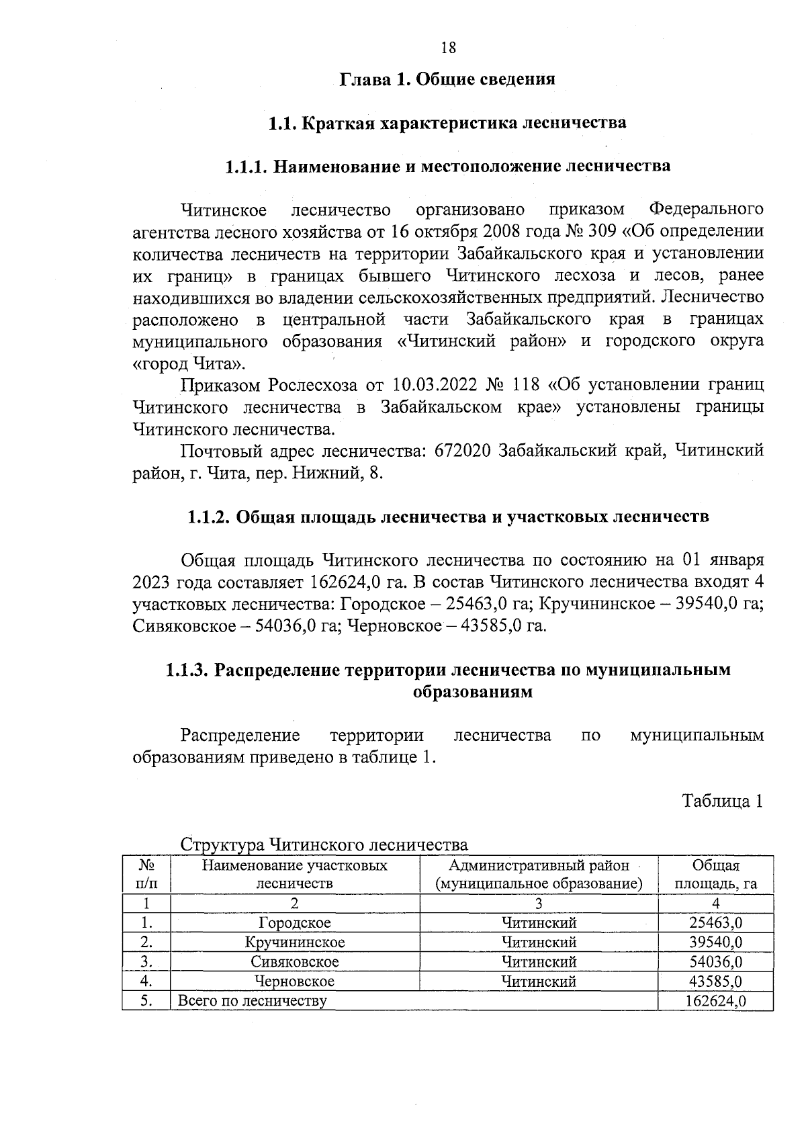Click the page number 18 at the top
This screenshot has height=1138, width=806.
coord(448,48)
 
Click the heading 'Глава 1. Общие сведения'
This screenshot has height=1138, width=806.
coord(448,79)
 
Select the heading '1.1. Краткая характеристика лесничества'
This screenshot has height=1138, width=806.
coord(447,124)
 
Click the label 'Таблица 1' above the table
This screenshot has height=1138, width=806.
coord(723,801)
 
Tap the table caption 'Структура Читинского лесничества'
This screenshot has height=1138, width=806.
coord(324,844)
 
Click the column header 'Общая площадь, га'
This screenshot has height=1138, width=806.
coord(715,874)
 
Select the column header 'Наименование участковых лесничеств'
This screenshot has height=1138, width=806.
coord(295,874)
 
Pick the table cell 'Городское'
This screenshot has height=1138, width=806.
coord(295,923)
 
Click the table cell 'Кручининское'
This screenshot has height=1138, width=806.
coord(295,943)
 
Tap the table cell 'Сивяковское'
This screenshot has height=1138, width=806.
coord(295,962)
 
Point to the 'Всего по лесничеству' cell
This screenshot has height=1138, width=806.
coord(252,1002)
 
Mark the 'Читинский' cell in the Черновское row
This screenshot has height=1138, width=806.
coord(539,981)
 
